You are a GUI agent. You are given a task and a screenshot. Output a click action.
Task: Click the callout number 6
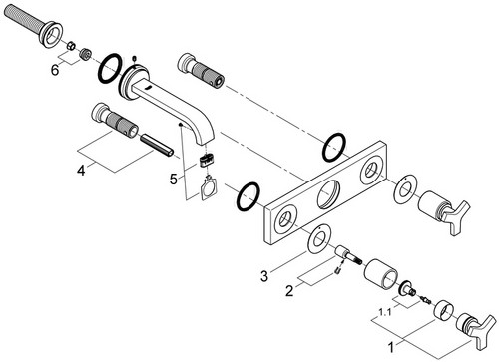55,70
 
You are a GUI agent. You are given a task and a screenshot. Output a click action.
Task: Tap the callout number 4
81,171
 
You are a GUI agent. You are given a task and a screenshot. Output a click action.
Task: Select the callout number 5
174,180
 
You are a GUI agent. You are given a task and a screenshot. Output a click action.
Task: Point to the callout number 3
264,276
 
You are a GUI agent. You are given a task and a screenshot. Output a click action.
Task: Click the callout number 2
289,291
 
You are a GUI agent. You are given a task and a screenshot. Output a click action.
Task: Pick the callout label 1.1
385,312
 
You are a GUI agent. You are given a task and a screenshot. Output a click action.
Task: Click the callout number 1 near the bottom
391,348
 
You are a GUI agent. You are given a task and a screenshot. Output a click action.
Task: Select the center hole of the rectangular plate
328,195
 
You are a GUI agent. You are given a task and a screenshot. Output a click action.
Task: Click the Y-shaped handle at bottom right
476,328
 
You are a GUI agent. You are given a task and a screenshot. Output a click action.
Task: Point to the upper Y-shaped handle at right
442,211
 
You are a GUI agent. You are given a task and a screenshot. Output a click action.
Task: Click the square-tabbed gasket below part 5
209,189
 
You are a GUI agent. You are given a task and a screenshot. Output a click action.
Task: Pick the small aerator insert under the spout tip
207,160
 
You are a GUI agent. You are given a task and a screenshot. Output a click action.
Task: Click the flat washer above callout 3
318,240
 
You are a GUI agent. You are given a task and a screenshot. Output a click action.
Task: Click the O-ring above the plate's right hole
334,148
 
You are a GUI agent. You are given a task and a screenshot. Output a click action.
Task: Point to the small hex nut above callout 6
70,46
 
